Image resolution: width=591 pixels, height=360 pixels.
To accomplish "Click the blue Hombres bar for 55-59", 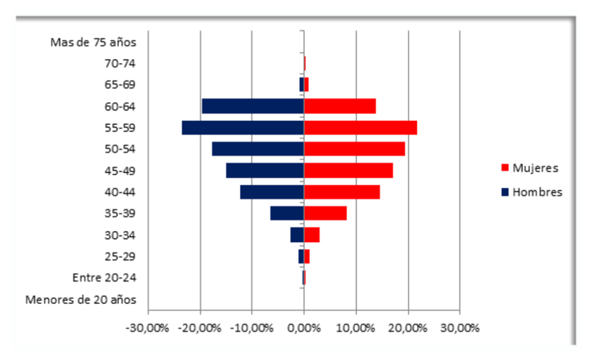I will tap(243, 128).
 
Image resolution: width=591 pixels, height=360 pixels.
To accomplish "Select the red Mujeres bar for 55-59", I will tap(360, 128).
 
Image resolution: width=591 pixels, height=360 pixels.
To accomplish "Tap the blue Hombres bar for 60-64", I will tap(253, 106).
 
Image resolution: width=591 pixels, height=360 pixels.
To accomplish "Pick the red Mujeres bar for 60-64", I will tap(340, 106).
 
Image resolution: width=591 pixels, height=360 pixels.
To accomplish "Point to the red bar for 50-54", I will tap(354, 149).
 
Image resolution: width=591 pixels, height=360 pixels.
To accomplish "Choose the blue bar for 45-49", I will tap(265, 171).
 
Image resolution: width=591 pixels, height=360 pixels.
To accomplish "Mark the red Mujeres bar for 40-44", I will tap(342, 192).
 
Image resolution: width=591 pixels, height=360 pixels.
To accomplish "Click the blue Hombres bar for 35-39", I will tap(287, 214).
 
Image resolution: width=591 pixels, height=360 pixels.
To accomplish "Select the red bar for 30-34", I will tap(312, 235).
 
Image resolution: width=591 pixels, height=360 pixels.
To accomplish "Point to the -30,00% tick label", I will tap(147, 328).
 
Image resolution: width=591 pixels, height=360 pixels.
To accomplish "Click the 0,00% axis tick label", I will tap(304, 328).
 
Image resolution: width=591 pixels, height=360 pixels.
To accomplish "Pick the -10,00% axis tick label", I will tap(252, 328).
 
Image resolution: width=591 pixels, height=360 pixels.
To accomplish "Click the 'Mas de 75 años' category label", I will tap(94, 42).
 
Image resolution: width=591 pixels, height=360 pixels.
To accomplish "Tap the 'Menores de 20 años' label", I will tap(81, 300).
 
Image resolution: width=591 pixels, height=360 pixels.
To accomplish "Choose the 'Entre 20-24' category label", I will tap(104, 278).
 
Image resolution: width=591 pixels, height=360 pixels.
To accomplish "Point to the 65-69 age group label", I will tap(120, 85).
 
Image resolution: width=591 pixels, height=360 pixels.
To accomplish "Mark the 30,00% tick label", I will tap(460, 328).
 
